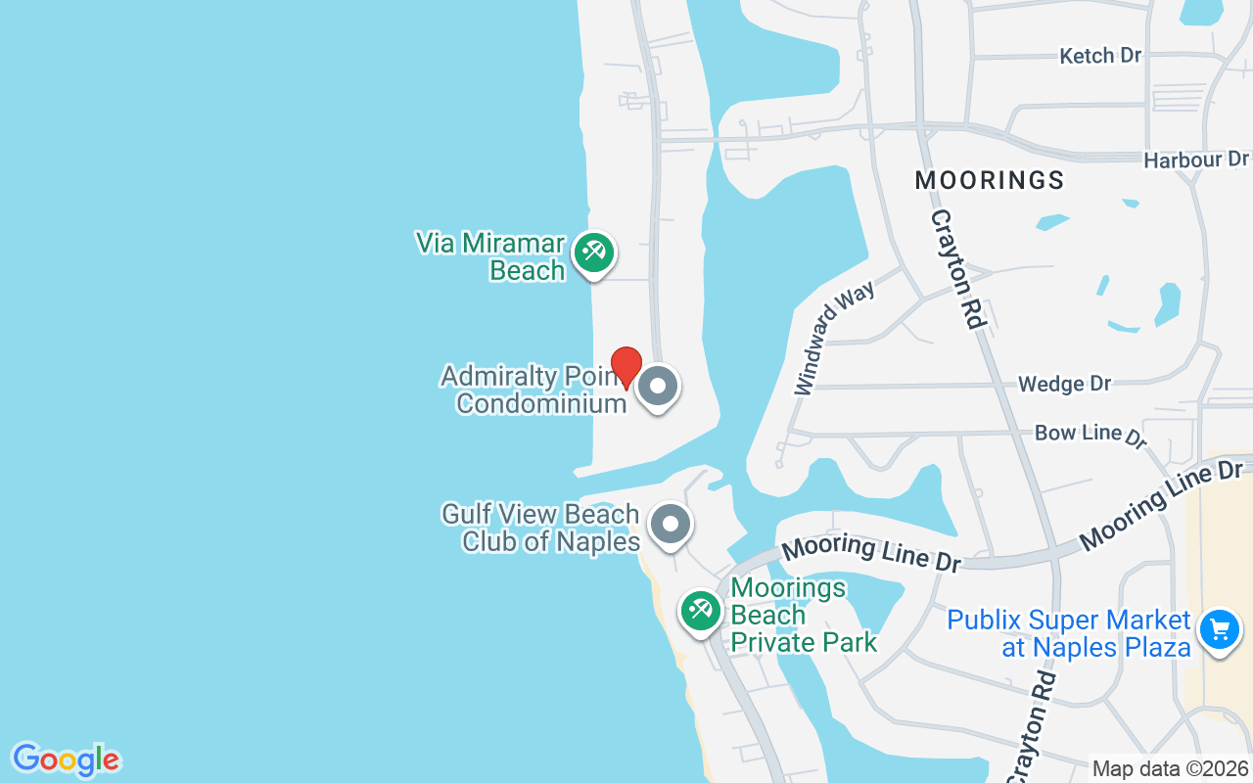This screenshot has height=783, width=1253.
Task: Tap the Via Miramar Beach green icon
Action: pyautogui.click(x=593, y=253)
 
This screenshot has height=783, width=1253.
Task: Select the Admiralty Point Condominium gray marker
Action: pyautogui.click(x=658, y=387)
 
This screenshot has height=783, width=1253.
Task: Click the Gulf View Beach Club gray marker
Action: pyautogui.click(x=671, y=525)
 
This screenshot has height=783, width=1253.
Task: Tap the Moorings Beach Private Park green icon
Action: pyautogui.click(x=701, y=612)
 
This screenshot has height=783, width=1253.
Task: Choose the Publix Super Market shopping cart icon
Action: pyautogui.click(x=1220, y=628)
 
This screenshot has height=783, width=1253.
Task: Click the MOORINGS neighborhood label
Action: pyautogui.click(x=990, y=180)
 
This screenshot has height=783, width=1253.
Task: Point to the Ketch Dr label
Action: pyautogui.click(x=1100, y=56)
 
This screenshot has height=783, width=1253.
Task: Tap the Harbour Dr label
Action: pyautogui.click(x=1196, y=159)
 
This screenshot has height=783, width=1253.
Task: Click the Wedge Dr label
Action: pyautogui.click(x=1064, y=384)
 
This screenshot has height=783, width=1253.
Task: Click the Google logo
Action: pyautogui.click(x=66, y=760)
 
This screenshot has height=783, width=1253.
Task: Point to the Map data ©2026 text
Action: pyautogui.click(x=1171, y=769)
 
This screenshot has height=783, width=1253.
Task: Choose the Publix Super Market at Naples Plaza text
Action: pyautogui.click(x=1069, y=633)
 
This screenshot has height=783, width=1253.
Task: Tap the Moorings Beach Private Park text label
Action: pyautogui.click(x=804, y=615)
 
